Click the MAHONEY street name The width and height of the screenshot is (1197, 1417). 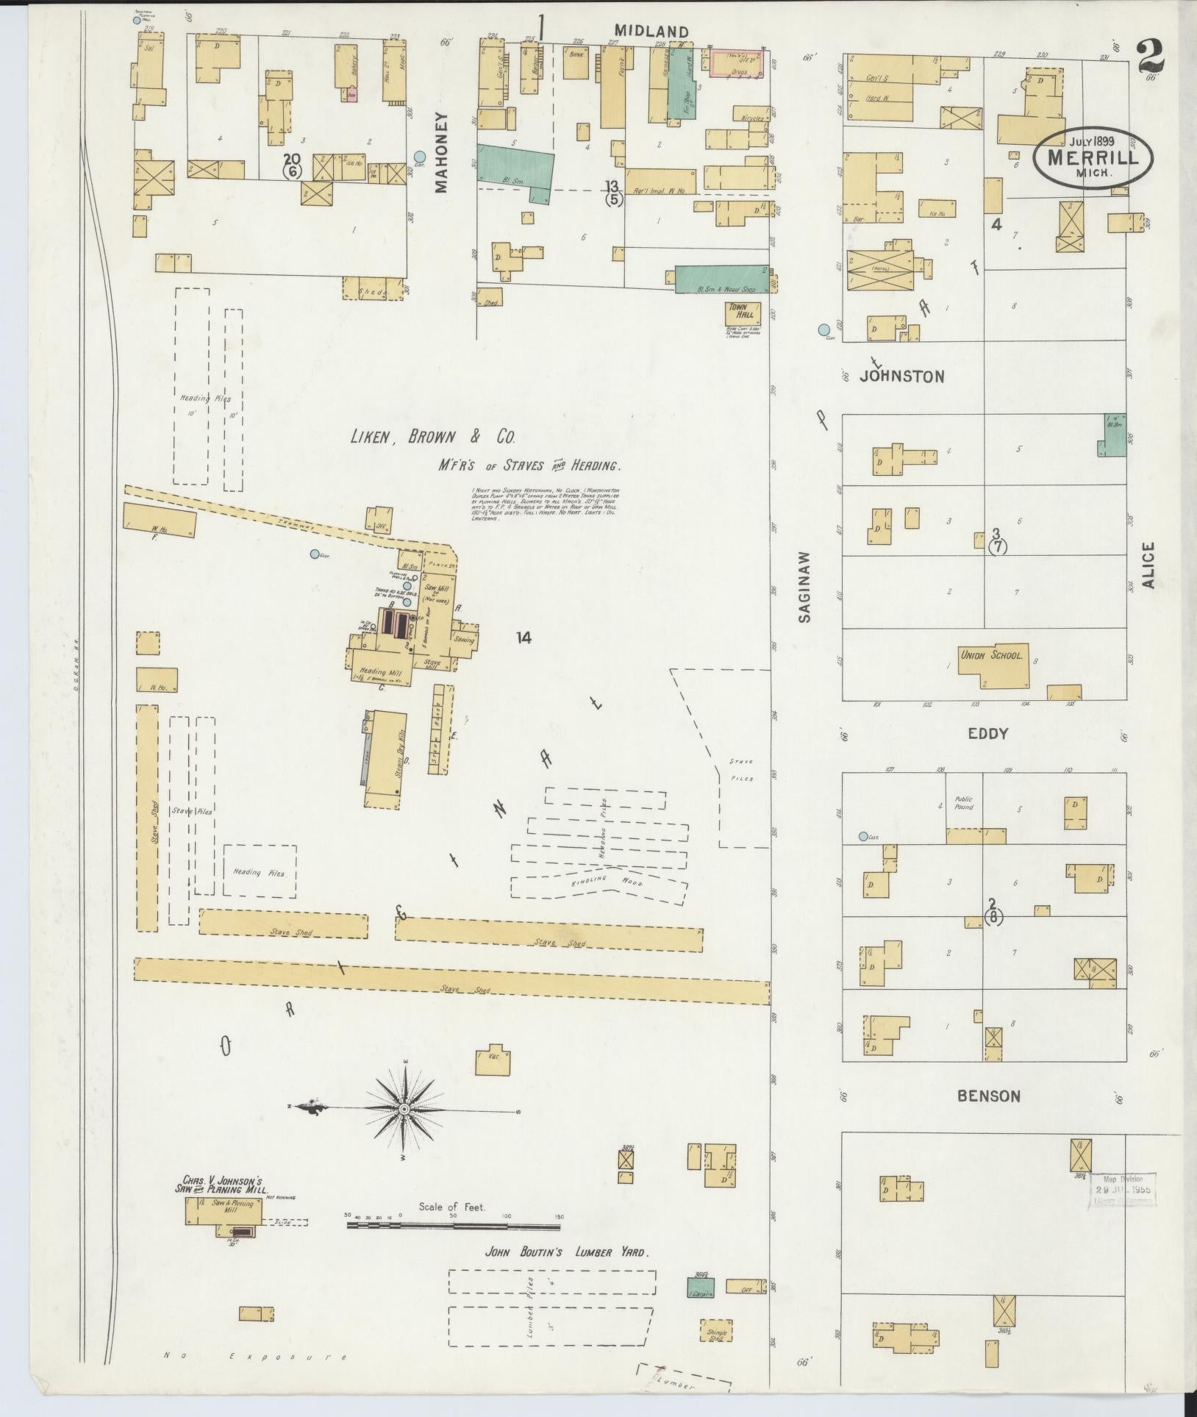pyautogui.click(x=440, y=152)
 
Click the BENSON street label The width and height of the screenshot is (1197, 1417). pyautogui.click(x=988, y=1096)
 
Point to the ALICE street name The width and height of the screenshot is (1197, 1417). pyautogui.click(x=1148, y=566)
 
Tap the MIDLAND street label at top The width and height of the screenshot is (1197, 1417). pyautogui.click(x=651, y=32)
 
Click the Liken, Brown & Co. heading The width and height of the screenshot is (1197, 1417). pyautogui.click(x=432, y=438)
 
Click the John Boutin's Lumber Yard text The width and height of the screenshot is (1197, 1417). pyautogui.click(x=567, y=1252)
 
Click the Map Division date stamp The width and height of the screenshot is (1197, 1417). pyautogui.click(x=1122, y=1190)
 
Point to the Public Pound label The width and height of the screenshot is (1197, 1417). pyautogui.click(x=963, y=802)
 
